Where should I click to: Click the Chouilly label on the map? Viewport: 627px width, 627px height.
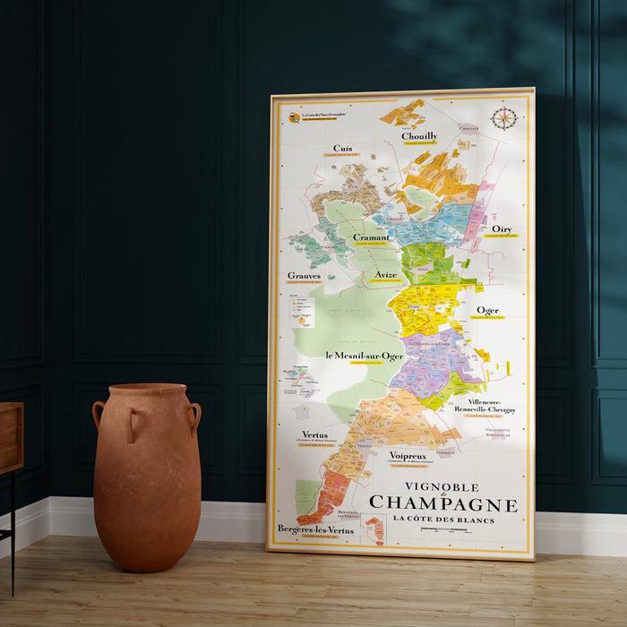pyautogui.click(x=418, y=136)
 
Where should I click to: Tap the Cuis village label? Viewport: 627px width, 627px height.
pyautogui.click(x=342, y=149)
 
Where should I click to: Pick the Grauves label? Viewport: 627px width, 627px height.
pyautogui.click(x=304, y=276)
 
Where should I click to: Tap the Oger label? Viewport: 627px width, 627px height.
pyautogui.click(x=487, y=311)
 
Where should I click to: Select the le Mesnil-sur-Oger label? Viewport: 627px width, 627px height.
pyautogui.click(x=364, y=356)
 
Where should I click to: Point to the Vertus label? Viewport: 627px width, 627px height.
pyautogui.click(x=314, y=434)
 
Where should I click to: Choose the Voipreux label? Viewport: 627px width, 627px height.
pyautogui.click(x=408, y=456)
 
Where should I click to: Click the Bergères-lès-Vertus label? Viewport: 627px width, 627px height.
pyautogui.click(x=314, y=529)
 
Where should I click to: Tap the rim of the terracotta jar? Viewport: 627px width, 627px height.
pyautogui.click(x=146, y=388)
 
